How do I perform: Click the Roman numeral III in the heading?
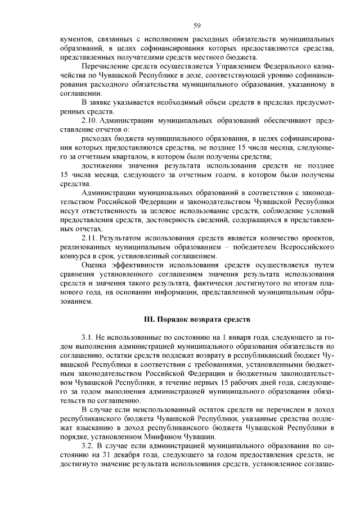point(150,320)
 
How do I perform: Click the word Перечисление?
point(105,66)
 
